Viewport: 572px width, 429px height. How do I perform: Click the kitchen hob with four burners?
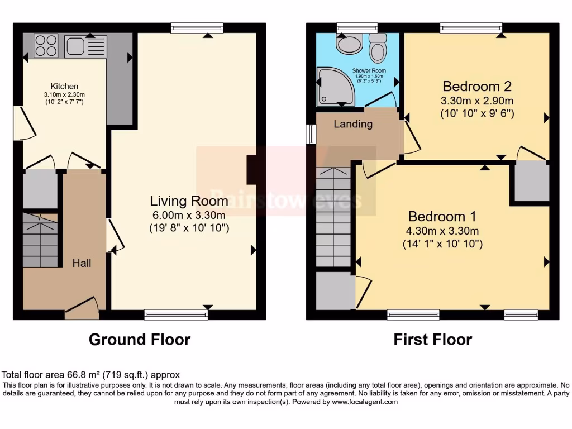46,46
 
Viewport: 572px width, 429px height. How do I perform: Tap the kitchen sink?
79,46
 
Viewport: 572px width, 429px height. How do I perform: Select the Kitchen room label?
64,86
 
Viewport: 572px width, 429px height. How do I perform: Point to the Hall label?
82,263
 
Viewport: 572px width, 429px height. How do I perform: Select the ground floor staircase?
41,240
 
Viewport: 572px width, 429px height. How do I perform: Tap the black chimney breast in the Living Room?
252,170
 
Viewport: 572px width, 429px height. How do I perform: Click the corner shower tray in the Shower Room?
333,87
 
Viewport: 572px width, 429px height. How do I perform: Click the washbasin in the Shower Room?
349,45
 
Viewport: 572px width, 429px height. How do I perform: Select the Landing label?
353,124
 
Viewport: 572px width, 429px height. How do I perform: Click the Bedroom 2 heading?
477,87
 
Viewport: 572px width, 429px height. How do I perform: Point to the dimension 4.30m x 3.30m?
443,231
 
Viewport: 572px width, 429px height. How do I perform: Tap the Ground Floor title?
140,339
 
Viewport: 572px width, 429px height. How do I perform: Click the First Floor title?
432,339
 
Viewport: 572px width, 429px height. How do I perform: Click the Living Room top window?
197,27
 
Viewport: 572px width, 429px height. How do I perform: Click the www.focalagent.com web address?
364,402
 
